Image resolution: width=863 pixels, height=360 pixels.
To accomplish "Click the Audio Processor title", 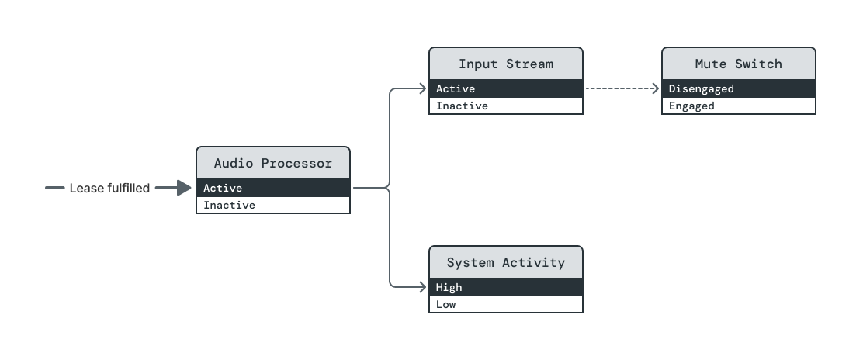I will click(x=272, y=163).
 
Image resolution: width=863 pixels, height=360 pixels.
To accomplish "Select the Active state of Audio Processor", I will click(x=272, y=188).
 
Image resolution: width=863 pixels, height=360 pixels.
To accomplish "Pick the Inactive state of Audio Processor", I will click(x=272, y=206).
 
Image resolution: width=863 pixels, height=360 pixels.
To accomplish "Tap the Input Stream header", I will click(x=505, y=64).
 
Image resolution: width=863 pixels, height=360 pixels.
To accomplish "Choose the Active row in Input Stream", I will click(x=505, y=88).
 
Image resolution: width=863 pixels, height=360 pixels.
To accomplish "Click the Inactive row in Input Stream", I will click(x=505, y=106).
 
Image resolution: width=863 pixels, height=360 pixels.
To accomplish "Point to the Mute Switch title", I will click(x=738, y=64).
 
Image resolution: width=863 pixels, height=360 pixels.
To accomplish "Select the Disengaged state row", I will click(x=738, y=88).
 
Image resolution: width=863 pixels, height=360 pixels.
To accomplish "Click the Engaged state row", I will click(x=738, y=106).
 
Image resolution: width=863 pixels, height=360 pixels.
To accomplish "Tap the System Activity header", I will click(x=505, y=262).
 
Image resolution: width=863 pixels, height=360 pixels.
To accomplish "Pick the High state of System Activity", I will click(x=505, y=287).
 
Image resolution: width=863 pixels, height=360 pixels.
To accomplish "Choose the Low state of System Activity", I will click(x=505, y=304).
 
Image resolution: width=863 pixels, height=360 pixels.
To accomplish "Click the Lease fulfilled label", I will click(x=109, y=188).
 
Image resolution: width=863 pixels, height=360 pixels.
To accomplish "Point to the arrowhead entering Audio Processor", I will click(x=185, y=188).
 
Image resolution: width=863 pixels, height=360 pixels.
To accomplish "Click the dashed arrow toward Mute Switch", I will click(x=621, y=88).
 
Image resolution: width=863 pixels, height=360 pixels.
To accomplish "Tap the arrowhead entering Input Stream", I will click(x=423, y=88).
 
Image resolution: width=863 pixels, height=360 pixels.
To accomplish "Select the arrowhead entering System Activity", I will click(x=423, y=287).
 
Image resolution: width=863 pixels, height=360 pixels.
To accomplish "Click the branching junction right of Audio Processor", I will click(x=388, y=188).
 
